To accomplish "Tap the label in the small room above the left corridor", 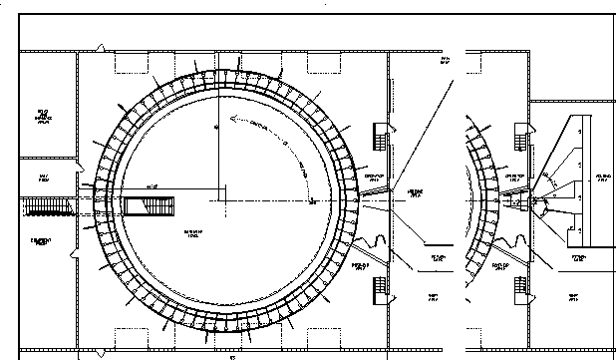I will coord(44,180).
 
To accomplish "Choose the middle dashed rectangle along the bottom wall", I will coord(221,337).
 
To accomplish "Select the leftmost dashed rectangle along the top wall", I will coord(133,63).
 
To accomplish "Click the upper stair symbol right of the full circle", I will coord(381,137).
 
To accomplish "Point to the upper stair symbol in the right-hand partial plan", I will coord(518,137).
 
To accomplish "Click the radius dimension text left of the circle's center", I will coord(153,186).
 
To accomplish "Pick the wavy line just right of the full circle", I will coord(380,240).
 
